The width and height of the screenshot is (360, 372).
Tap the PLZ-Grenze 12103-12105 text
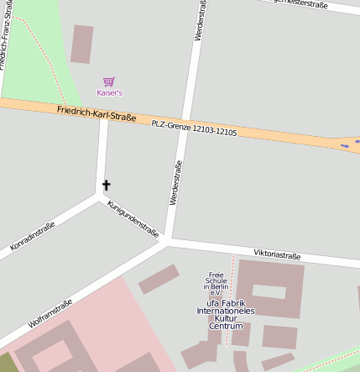[x=194, y=128]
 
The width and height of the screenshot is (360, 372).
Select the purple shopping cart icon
[x=108, y=81]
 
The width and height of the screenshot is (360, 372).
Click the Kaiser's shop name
[x=109, y=92]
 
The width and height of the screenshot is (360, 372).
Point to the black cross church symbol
[x=106, y=185]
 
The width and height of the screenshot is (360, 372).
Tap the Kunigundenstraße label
[x=133, y=219]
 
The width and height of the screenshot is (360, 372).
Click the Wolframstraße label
[x=50, y=312]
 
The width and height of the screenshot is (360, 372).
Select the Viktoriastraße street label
[x=277, y=254]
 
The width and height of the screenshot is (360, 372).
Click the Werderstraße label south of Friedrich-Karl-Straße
[x=175, y=183]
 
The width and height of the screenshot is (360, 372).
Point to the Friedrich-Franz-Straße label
[x=8, y=34]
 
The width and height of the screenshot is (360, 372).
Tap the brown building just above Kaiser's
[x=81, y=44]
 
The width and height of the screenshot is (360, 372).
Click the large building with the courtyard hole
[x=270, y=289]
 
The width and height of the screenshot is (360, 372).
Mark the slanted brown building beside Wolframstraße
[x=159, y=279]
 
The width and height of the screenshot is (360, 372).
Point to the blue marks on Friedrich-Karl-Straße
[x=346, y=144]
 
